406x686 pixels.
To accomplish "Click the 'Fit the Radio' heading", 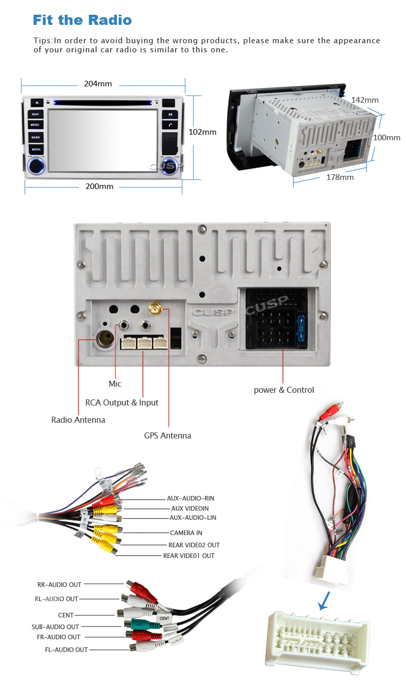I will (82, 20).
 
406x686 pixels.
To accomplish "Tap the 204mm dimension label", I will (97, 84).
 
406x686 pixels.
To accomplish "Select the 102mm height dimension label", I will (202, 132).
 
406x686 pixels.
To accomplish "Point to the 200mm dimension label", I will (99, 186).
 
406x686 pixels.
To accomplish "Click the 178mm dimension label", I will (340, 177).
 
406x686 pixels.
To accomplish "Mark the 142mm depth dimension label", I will (365, 100).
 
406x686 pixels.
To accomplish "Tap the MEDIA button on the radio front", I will (36, 149).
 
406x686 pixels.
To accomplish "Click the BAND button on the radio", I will (36, 137).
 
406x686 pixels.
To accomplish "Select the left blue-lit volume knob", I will (36, 165).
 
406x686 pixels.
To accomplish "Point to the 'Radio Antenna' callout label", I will (78, 420).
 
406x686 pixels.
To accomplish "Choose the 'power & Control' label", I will (284, 390).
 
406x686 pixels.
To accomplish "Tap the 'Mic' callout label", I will (115, 384).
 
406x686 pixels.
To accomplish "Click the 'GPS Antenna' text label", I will (167, 435).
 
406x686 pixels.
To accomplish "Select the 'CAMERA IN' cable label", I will (186, 533).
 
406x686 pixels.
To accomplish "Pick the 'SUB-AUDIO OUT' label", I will (55, 627).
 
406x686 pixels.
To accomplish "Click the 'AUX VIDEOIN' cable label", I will (190, 508).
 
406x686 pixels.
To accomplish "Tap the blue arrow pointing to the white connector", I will (323, 601).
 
